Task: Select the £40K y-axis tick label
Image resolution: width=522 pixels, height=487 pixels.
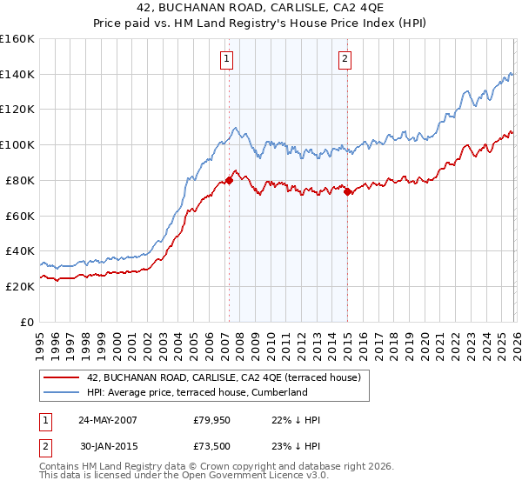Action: [x=20, y=251]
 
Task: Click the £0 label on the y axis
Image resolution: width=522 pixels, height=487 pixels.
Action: [x=28, y=322]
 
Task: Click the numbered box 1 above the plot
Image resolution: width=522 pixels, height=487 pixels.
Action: [x=226, y=59]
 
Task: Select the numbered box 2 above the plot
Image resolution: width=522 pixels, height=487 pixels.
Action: [x=345, y=59]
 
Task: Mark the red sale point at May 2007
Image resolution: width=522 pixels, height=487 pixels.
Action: [x=229, y=180]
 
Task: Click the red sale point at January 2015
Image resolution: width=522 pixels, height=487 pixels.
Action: [x=347, y=191]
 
